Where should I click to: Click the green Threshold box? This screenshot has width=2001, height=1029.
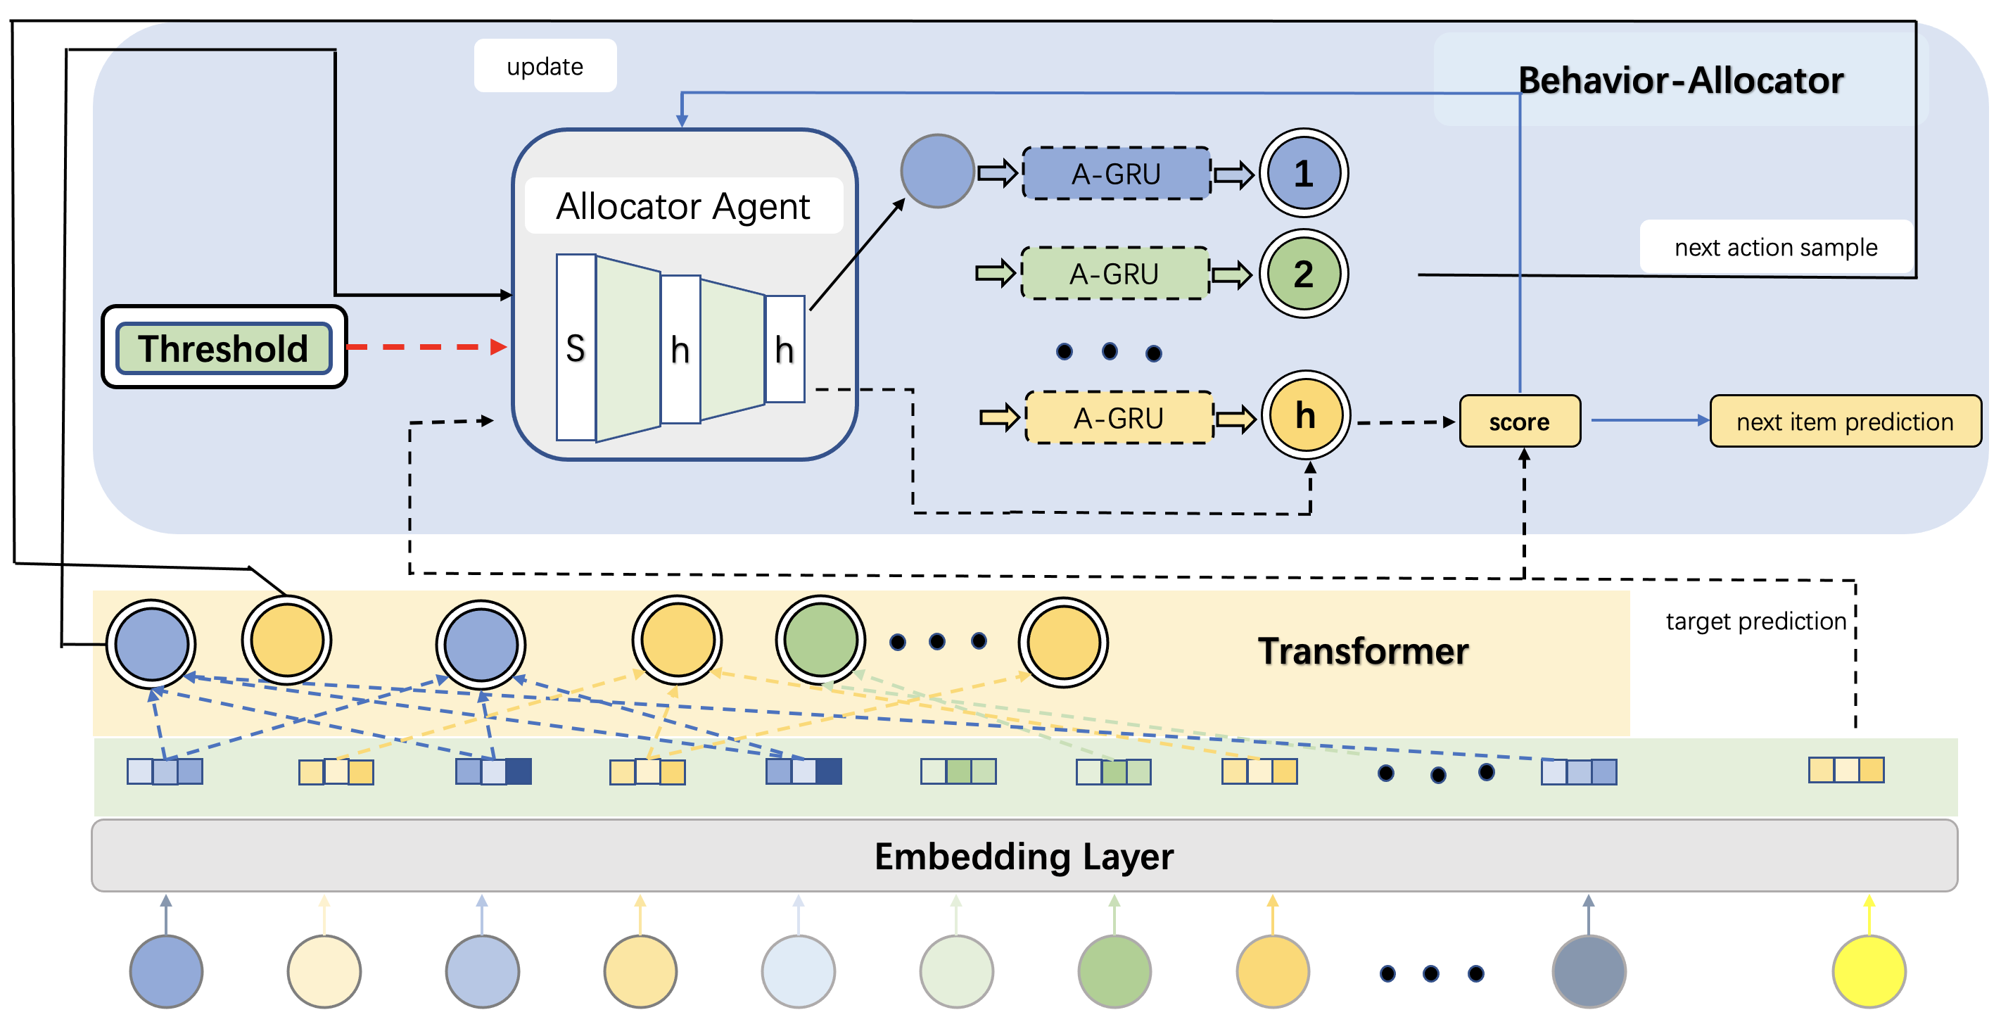(x=224, y=348)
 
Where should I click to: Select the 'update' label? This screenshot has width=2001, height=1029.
(x=545, y=67)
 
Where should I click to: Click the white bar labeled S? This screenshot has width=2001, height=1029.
(x=576, y=348)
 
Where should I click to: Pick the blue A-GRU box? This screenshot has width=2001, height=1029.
(x=1117, y=173)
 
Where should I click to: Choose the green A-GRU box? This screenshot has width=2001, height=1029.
(x=1114, y=274)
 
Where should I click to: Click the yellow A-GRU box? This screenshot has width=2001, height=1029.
(x=1119, y=418)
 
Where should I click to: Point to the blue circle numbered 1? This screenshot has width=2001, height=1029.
(x=1304, y=173)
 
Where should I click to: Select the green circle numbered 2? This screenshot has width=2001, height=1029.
(x=1304, y=274)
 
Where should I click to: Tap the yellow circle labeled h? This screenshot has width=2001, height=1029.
(x=1305, y=416)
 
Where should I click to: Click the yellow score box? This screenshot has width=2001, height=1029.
(x=1519, y=421)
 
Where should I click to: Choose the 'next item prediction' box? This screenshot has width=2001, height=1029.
(x=1845, y=421)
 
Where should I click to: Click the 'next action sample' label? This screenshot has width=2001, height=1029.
(x=1776, y=247)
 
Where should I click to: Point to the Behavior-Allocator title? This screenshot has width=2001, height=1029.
(x=1680, y=80)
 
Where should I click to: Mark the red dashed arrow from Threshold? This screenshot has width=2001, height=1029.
(x=426, y=346)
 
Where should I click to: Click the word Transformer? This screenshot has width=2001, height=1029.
(x=1364, y=650)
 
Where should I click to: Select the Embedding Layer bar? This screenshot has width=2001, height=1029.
(x=1024, y=856)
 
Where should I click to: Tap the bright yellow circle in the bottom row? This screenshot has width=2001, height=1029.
(x=1868, y=971)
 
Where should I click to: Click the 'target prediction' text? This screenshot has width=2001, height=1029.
(x=1755, y=621)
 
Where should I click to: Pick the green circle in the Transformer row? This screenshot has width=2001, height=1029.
(x=820, y=640)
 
